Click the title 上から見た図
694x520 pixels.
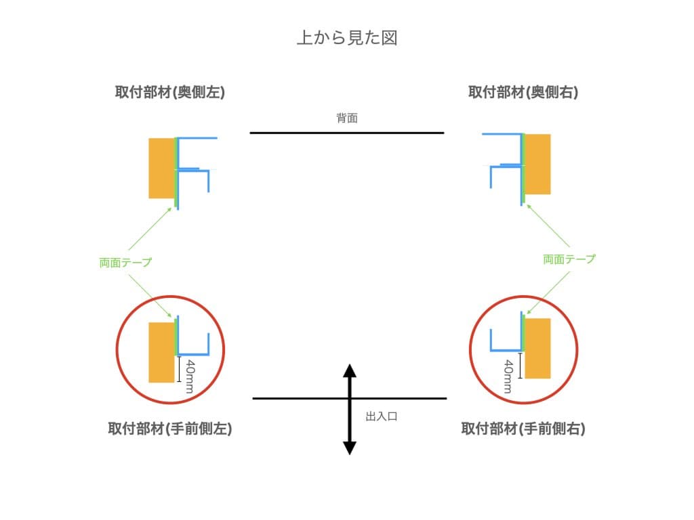point(346,37)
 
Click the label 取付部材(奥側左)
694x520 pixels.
point(169,93)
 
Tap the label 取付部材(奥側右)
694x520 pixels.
point(523,93)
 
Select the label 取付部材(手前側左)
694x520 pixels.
point(169,429)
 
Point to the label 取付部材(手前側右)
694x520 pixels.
point(523,429)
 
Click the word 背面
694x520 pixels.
point(347,118)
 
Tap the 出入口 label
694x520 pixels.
point(381,416)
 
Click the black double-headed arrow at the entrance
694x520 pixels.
point(349,409)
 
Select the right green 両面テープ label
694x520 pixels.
point(569,259)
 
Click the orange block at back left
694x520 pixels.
point(161,168)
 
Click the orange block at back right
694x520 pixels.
point(538,164)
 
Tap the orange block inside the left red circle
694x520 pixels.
point(161,352)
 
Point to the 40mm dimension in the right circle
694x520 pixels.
point(509,376)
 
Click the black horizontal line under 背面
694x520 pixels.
point(347,133)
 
